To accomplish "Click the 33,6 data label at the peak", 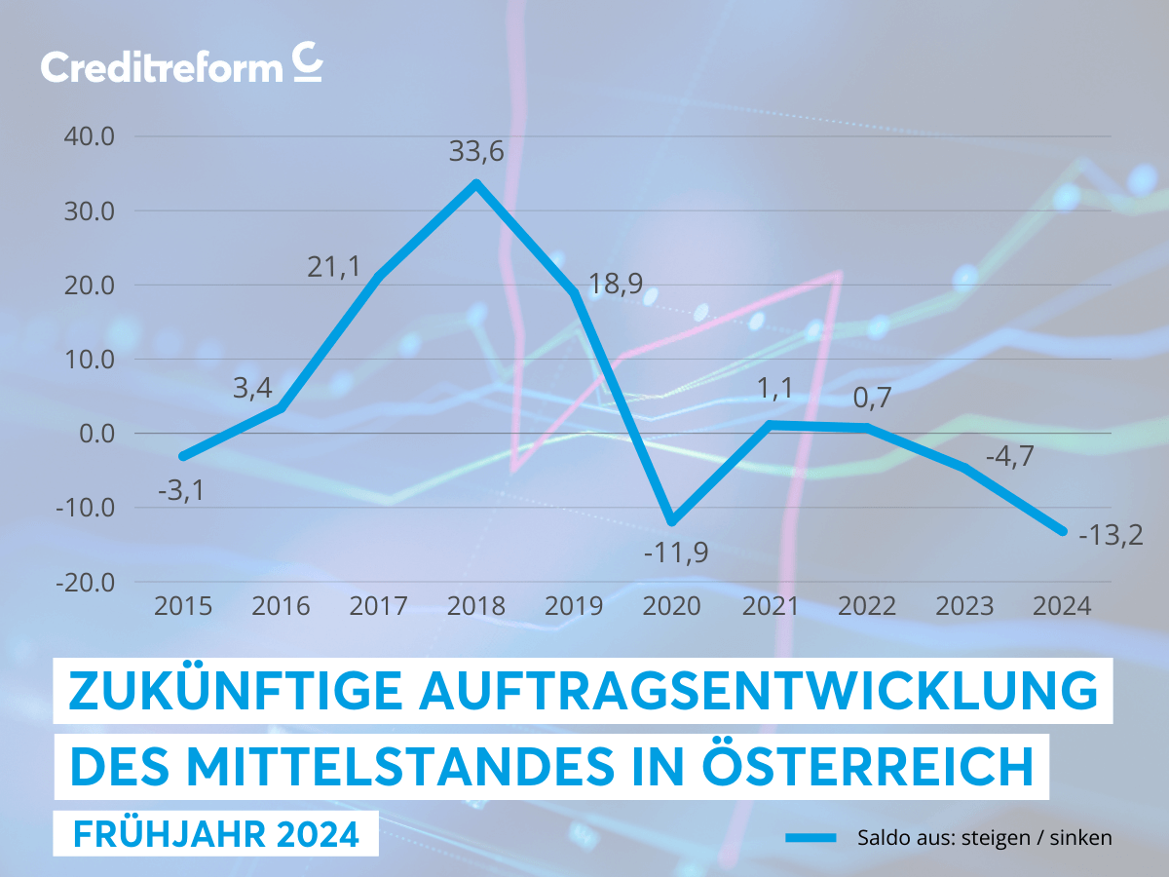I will coord(476,152).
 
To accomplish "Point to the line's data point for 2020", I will coord(672,521).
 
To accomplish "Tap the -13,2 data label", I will coord(1111,534).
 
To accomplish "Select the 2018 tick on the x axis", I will coord(476,606).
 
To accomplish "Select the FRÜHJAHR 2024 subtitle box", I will coord(215,834).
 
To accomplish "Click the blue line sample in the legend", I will coord(811,837).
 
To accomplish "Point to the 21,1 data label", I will coord(334,265).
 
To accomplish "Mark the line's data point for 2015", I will coord(183,456).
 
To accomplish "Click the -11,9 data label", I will coord(675,553).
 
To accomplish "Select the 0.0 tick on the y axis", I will coord(95,434).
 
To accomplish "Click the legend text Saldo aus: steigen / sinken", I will coord(985,837).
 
